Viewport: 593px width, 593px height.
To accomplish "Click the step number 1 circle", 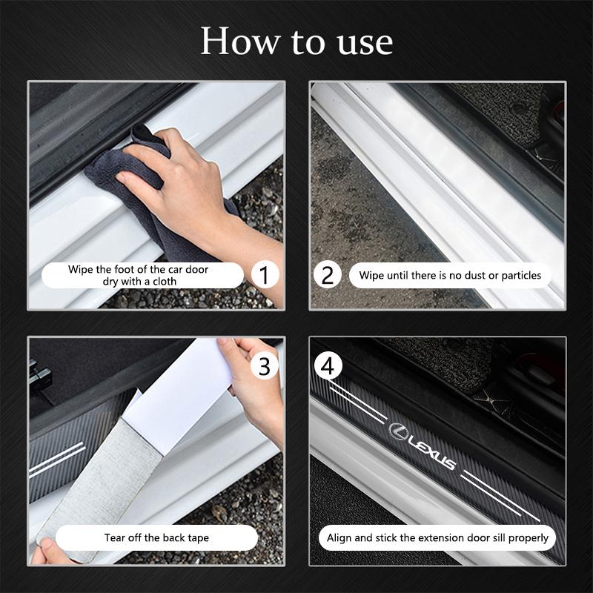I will coord(263,275).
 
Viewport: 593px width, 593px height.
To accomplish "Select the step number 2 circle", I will coord(327,275).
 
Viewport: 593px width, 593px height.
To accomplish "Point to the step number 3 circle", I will coord(263,365).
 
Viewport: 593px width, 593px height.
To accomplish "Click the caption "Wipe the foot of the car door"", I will coord(139,270).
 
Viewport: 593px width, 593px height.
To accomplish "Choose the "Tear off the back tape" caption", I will coord(156,537).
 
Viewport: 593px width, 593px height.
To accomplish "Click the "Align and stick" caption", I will coord(437,537).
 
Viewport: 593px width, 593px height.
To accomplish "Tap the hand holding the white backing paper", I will coord(256,393).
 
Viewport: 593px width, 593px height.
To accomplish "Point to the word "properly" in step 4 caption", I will coord(526,537).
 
